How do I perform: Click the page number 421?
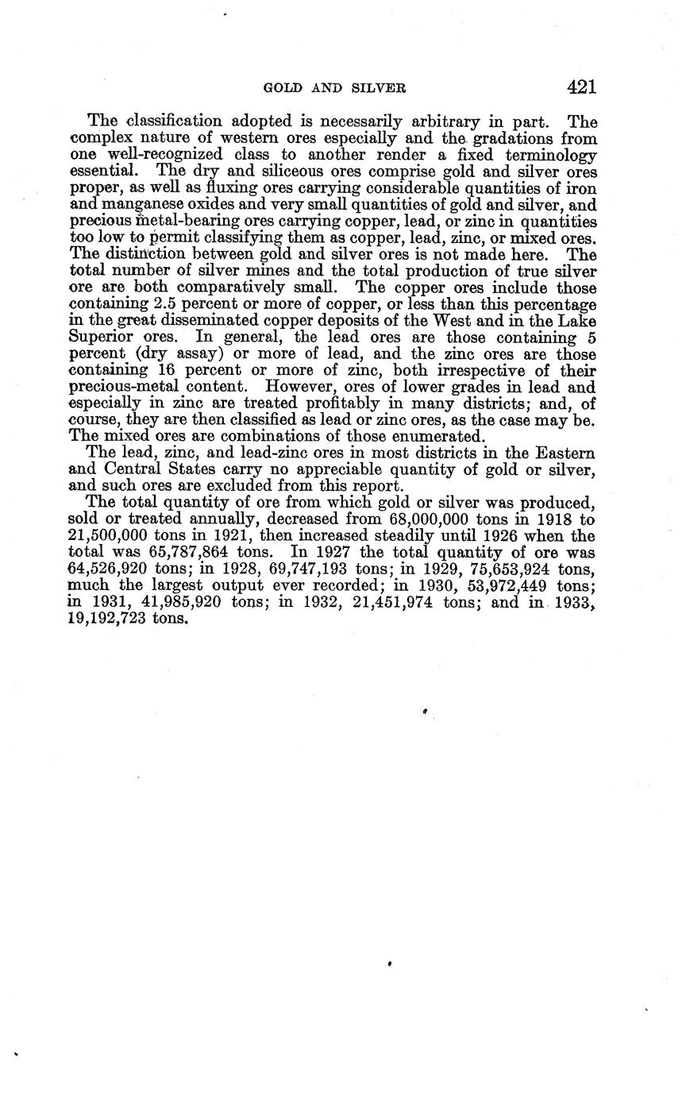(x=581, y=87)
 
